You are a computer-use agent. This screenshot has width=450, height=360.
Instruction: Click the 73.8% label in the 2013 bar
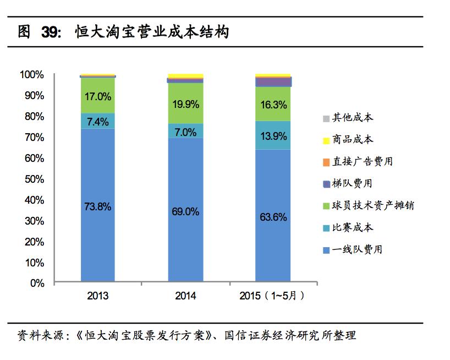tap(97, 207)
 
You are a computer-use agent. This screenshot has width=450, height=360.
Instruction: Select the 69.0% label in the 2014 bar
tap(185, 211)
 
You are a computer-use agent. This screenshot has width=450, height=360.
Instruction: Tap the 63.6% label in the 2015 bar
tap(273, 217)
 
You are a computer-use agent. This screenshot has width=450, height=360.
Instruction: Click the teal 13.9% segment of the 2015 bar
tap(273, 135)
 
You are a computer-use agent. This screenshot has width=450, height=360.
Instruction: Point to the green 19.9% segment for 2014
tap(185, 103)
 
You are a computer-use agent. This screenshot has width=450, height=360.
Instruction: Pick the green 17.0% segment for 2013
tap(97, 96)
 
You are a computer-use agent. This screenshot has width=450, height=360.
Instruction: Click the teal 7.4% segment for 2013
tap(97, 122)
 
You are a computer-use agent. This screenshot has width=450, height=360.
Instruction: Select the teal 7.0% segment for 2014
tap(185, 132)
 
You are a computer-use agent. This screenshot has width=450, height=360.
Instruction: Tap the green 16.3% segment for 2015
tap(273, 104)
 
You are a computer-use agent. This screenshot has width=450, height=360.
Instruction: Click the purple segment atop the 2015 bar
tap(273, 82)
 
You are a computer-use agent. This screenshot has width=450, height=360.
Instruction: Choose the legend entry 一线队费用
tap(357, 249)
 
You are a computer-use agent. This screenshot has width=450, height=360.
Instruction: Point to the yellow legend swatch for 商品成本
tap(326, 140)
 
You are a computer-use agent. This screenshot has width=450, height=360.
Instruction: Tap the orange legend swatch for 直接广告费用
tap(326, 162)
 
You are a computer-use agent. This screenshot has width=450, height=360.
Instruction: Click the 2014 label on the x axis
tap(185, 296)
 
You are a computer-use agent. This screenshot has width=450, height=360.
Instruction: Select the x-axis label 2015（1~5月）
tap(272, 296)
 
